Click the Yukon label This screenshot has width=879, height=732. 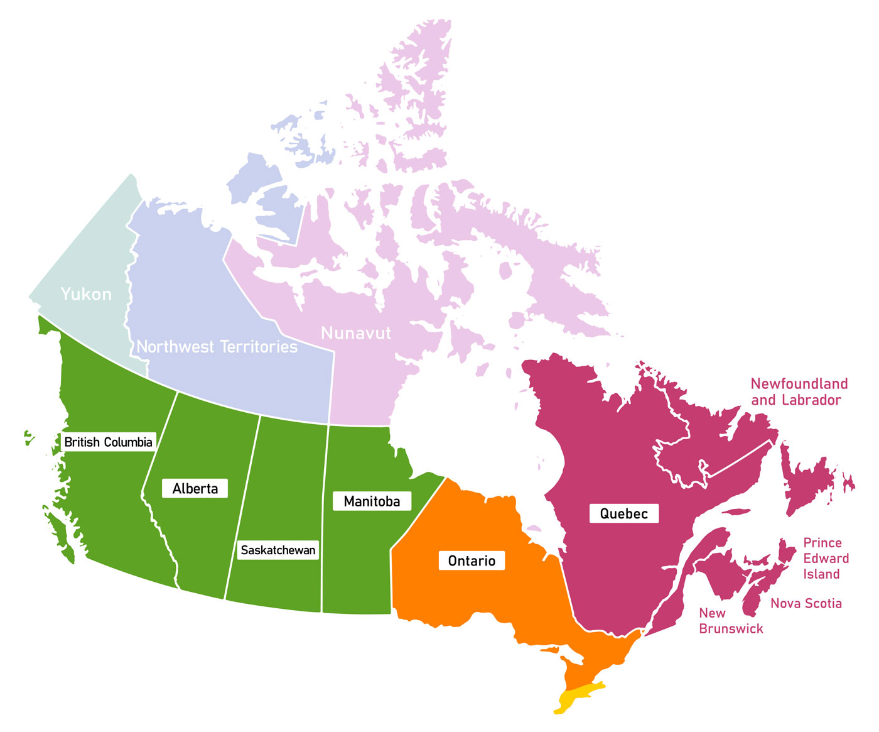coord(86,294)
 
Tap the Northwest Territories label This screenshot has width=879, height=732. coord(217,347)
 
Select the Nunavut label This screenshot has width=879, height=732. coord(356,333)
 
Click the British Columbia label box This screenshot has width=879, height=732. coord(108,442)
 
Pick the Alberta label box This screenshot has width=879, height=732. coord(195,489)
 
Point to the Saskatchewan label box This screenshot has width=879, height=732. coord(278,550)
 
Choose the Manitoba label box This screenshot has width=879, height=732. coord(372,501)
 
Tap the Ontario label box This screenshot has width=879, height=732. coord(472,561)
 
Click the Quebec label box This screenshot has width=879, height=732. coord(623,514)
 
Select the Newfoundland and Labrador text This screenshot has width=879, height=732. coord(799,392)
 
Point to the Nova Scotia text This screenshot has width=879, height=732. coord(806,604)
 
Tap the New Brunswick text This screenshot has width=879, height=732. coord(731,621)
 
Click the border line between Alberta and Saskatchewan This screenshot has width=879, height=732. coord(242,509)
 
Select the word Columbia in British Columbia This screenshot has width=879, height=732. coord(128,442)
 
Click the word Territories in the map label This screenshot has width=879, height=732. coord(263,347)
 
